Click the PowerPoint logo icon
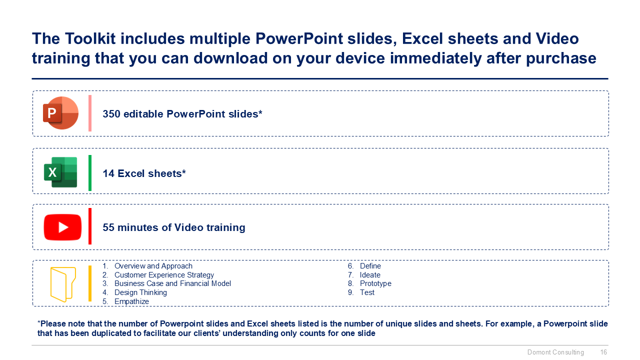[x=60, y=113]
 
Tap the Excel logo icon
[x=60, y=172]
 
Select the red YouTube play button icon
[x=62, y=227]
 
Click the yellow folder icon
[x=63, y=284]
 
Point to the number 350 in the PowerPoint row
[x=111, y=114]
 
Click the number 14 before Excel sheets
[x=108, y=173]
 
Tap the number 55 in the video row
[x=108, y=227]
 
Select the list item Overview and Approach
[x=153, y=266]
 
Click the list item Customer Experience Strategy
[x=164, y=275]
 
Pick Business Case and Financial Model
[x=172, y=283]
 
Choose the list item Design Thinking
[x=140, y=292]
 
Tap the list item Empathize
[x=131, y=301]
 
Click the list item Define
[x=370, y=266]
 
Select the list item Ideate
[x=370, y=275]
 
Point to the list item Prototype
[x=375, y=283]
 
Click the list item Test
[x=367, y=292]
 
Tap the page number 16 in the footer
[x=603, y=352]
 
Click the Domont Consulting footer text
[x=555, y=352]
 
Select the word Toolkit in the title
[x=90, y=38]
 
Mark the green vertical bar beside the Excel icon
[x=90, y=173]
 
